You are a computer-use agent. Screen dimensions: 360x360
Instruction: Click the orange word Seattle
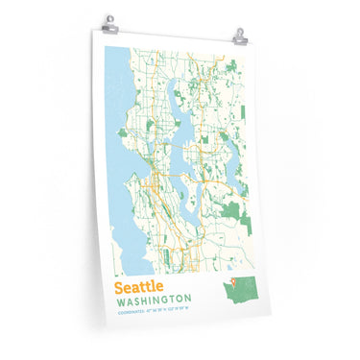point(138,287)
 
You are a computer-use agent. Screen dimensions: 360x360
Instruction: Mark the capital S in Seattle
point(118,287)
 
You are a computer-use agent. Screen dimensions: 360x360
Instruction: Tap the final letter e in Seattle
point(158,287)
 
